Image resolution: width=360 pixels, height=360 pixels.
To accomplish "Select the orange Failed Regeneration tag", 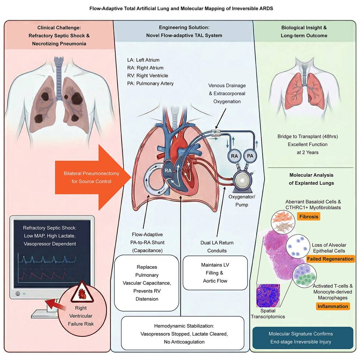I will tap(330, 259).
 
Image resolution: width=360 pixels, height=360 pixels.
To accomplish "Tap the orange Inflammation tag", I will tap(333, 307).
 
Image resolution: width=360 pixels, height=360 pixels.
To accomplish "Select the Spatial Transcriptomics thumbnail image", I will tap(268, 296).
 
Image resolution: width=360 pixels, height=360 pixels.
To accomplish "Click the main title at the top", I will tap(180, 8).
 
